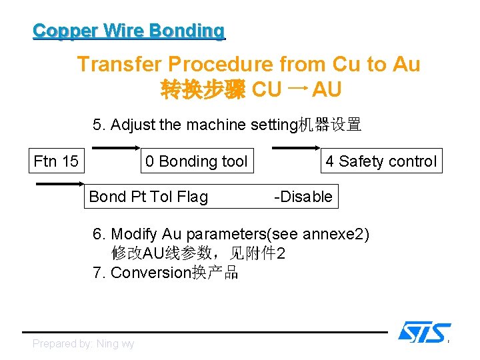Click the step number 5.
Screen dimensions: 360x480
tap(98, 125)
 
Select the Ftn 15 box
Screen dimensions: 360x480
tap(56, 161)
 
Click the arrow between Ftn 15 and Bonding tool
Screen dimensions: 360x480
tap(115, 147)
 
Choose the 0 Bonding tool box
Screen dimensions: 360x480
tap(197, 161)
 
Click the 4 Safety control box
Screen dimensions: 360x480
tap(381, 161)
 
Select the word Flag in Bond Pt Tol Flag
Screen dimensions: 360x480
tap(191, 197)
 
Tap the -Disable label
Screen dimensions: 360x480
tap(303, 197)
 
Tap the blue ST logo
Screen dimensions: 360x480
tap(424, 331)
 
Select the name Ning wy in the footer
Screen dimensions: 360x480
tap(115, 344)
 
